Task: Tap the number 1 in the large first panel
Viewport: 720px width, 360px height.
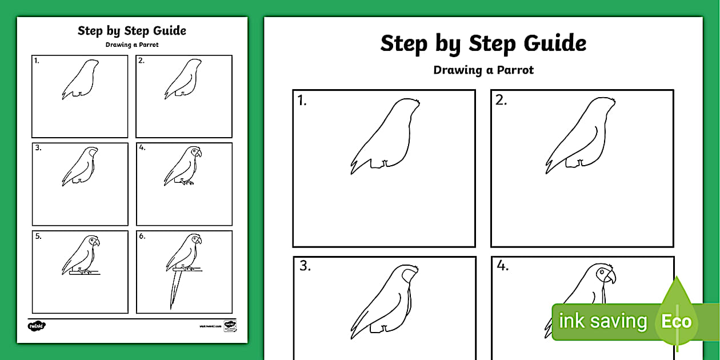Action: pos(302,101)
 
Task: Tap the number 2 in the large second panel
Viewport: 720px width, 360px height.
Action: pos(501,101)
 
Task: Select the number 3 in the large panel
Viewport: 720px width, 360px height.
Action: pos(305,266)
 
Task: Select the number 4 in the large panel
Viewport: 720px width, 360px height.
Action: pos(503,266)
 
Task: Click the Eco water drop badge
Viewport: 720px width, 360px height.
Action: pos(677,320)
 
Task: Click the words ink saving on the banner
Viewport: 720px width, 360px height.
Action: pos(602,321)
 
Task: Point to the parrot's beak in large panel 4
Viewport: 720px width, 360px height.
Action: pos(611,278)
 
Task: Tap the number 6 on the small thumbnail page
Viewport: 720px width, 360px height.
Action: pos(142,235)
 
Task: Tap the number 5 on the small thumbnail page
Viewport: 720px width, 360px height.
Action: pos(38,235)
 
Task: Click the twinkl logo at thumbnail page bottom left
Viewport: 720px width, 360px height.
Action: pos(37,326)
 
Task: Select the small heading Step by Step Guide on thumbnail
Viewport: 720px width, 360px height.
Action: pos(132,31)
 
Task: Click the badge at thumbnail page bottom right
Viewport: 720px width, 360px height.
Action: pos(230,325)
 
